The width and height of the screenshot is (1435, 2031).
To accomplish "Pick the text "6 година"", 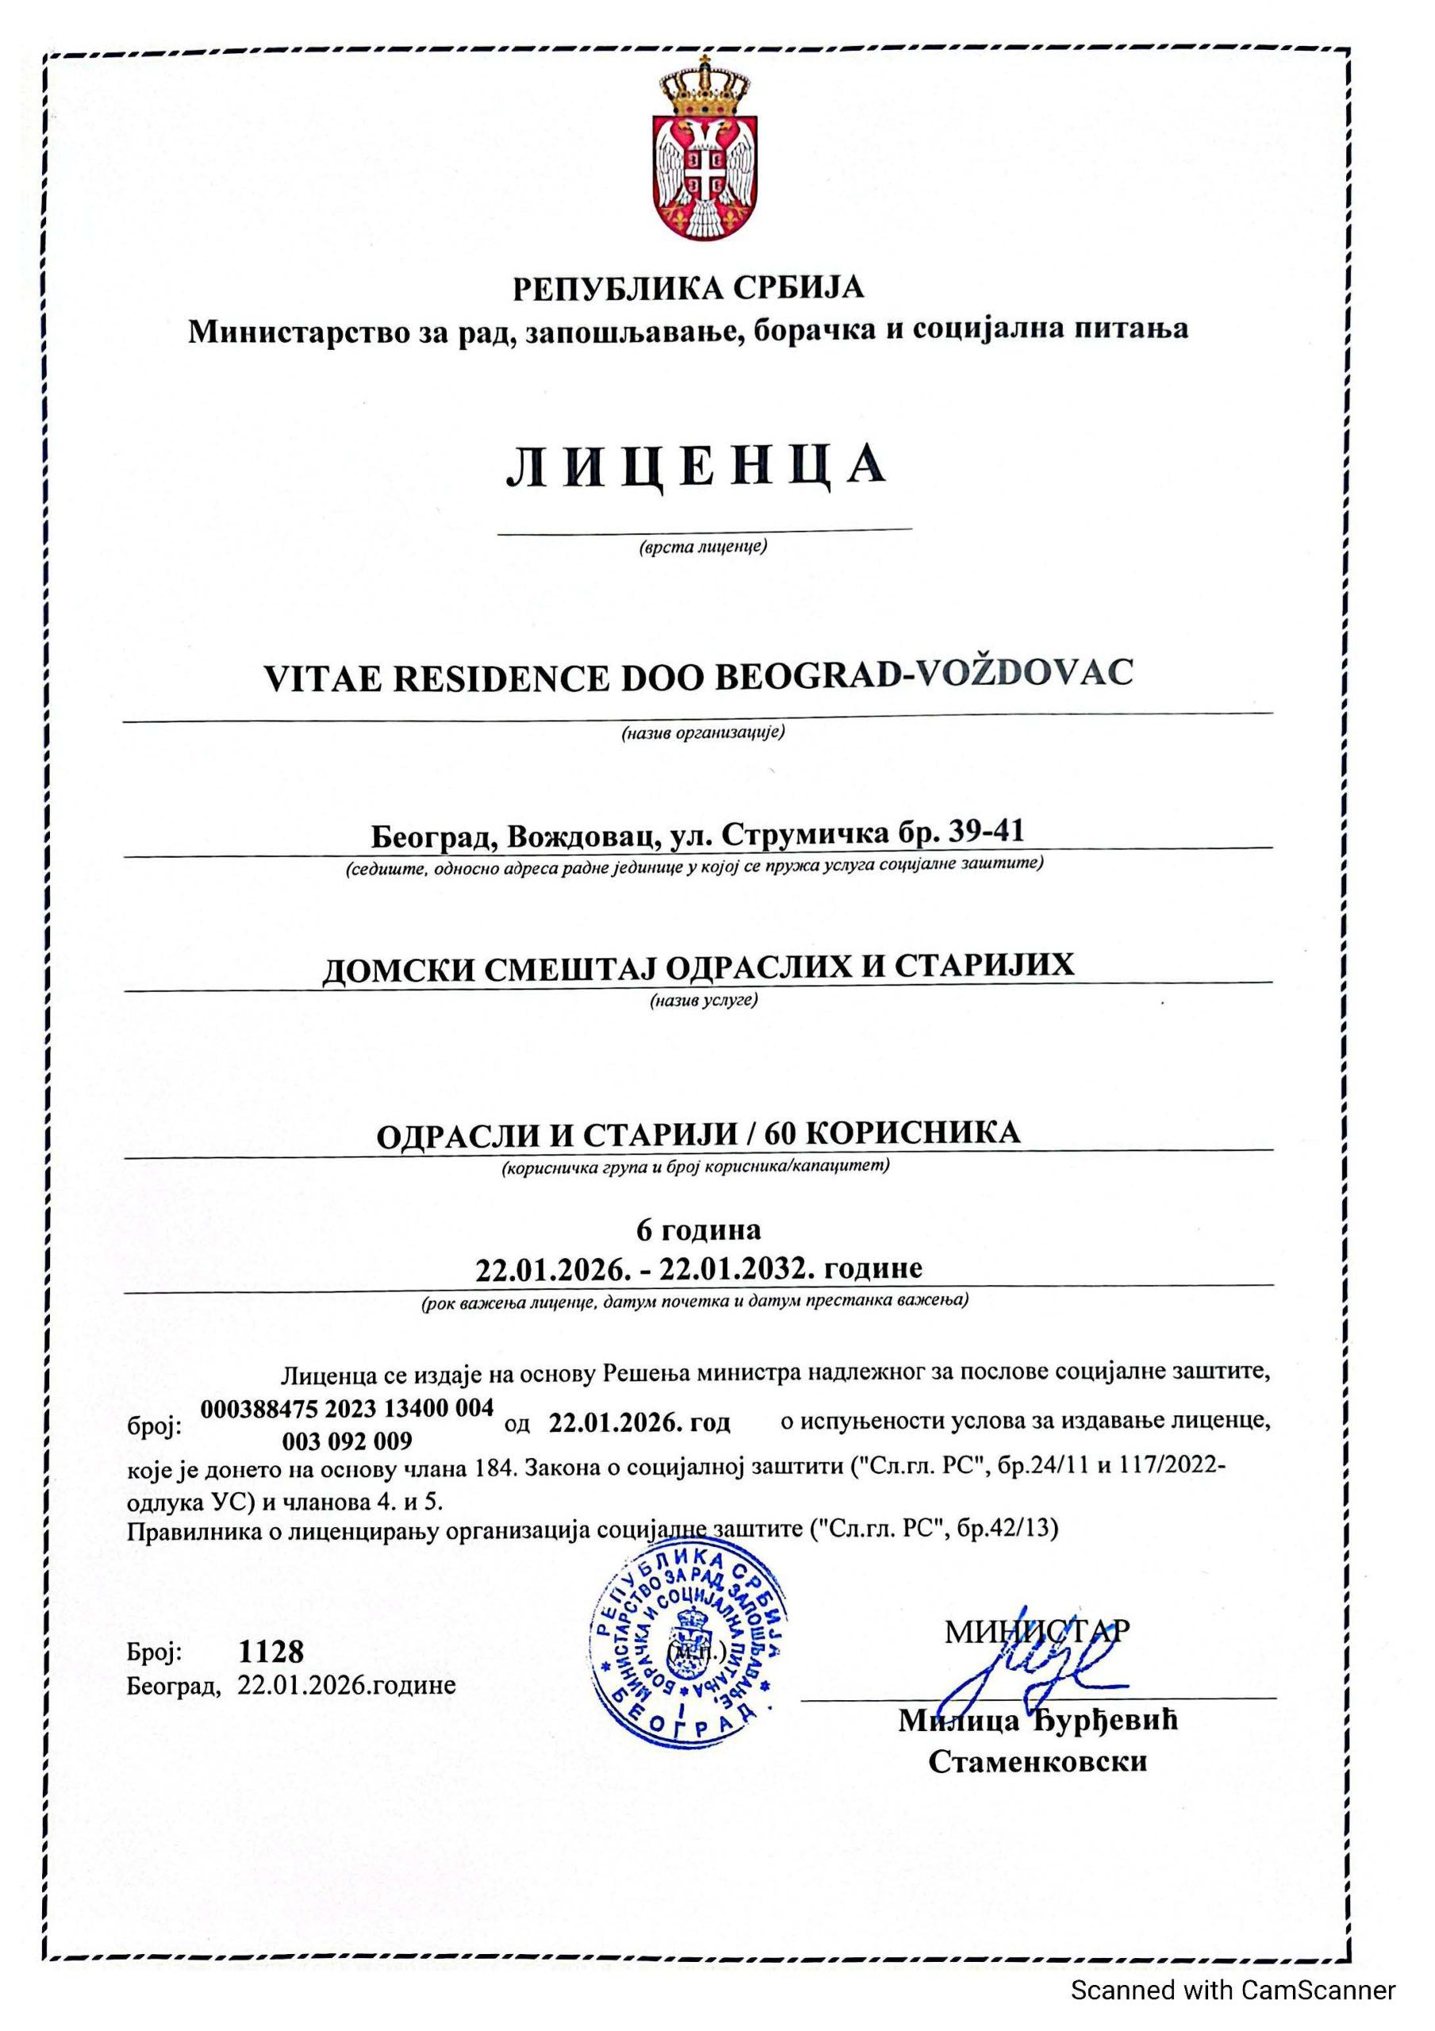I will pyautogui.click(x=698, y=1230).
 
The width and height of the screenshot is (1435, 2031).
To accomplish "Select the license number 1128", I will pyautogui.click(x=271, y=1651).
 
